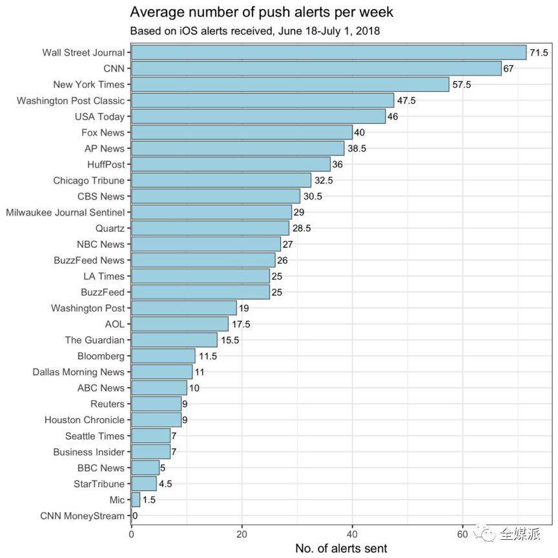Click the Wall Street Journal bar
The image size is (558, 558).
pyautogui.click(x=329, y=52)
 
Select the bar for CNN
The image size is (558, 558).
pyautogui.click(x=316, y=68)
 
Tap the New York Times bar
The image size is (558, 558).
pyautogui.click(x=290, y=85)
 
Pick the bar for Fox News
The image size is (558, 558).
pyautogui.click(x=242, y=132)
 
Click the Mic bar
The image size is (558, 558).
pyautogui.click(x=136, y=499)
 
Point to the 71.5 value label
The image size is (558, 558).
pyautogui.click(x=539, y=52)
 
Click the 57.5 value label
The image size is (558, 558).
pyautogui.click(x=462, y=85)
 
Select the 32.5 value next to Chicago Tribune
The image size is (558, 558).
pyautogui.click(x=324, y=181)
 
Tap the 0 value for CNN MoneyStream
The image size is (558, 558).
pyautogui.click(x=135, y=515)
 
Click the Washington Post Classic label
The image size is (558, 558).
pyautogui.click(x=70, y=101)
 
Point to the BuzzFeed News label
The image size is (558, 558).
pyautogui.click(x=89, y=260)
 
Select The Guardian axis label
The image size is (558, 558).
pyautogui.click(x=94, y=340)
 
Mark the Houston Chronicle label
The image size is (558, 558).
pyautogui.click(x=84, y=420)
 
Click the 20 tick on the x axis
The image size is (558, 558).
pyautogui.click(x=242, y=534)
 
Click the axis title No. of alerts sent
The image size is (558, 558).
pyautogui.click(x=341, y=548)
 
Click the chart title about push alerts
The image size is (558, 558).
pyautogui.click(x=262, y=12)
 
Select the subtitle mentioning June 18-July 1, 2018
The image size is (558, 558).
pyautogui.click(x=254, y=30)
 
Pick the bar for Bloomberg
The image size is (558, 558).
pyautogui.click(x=163, y=356)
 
